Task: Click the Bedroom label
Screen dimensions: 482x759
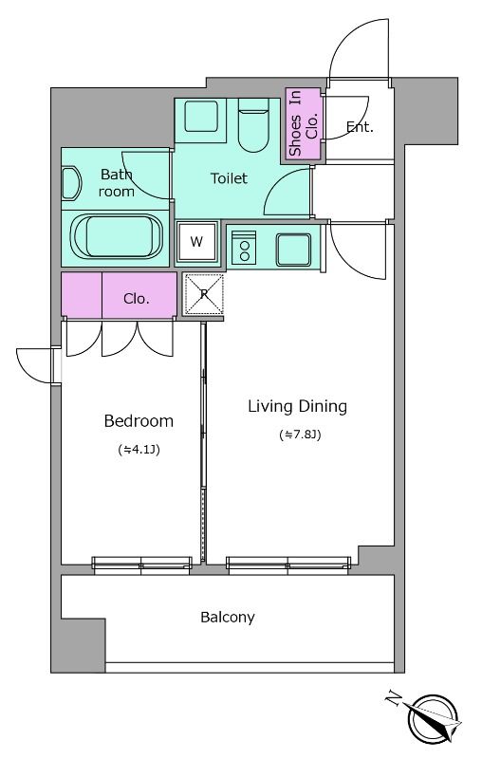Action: (x=139, y=421)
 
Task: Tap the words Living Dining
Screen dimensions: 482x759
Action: (x=298, y=406)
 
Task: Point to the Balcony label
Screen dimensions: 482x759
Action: (x=228, y=618)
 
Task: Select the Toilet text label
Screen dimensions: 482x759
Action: (x=229, y=178)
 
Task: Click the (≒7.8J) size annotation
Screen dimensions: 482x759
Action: (x=300, y=435)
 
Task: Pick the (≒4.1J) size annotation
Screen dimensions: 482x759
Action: (x=139, y=450)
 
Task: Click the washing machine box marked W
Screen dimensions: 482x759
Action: (x=196, y=242)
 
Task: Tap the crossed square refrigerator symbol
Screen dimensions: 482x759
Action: (x=204, y=293)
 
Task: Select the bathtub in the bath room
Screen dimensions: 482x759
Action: (x=116, y=237)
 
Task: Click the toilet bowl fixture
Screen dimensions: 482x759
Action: (x=253, y=125)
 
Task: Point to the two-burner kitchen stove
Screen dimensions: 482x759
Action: (x=245, y=248)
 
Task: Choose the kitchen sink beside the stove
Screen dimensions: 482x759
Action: (x=293, y=250)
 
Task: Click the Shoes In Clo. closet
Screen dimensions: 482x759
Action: (x=303, y=123)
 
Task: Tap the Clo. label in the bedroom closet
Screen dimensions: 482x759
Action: (x=137, y=299)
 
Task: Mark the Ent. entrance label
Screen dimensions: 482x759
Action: (x=360, y=127)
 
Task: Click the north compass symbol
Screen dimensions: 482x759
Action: (x=433, y=718)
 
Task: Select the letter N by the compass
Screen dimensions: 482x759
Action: (x=394, y=699)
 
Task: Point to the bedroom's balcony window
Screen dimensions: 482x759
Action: (x=141, y=565)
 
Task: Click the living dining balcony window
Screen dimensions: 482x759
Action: (x=288, y=565)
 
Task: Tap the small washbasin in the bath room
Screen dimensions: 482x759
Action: (x=70, y=183)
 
